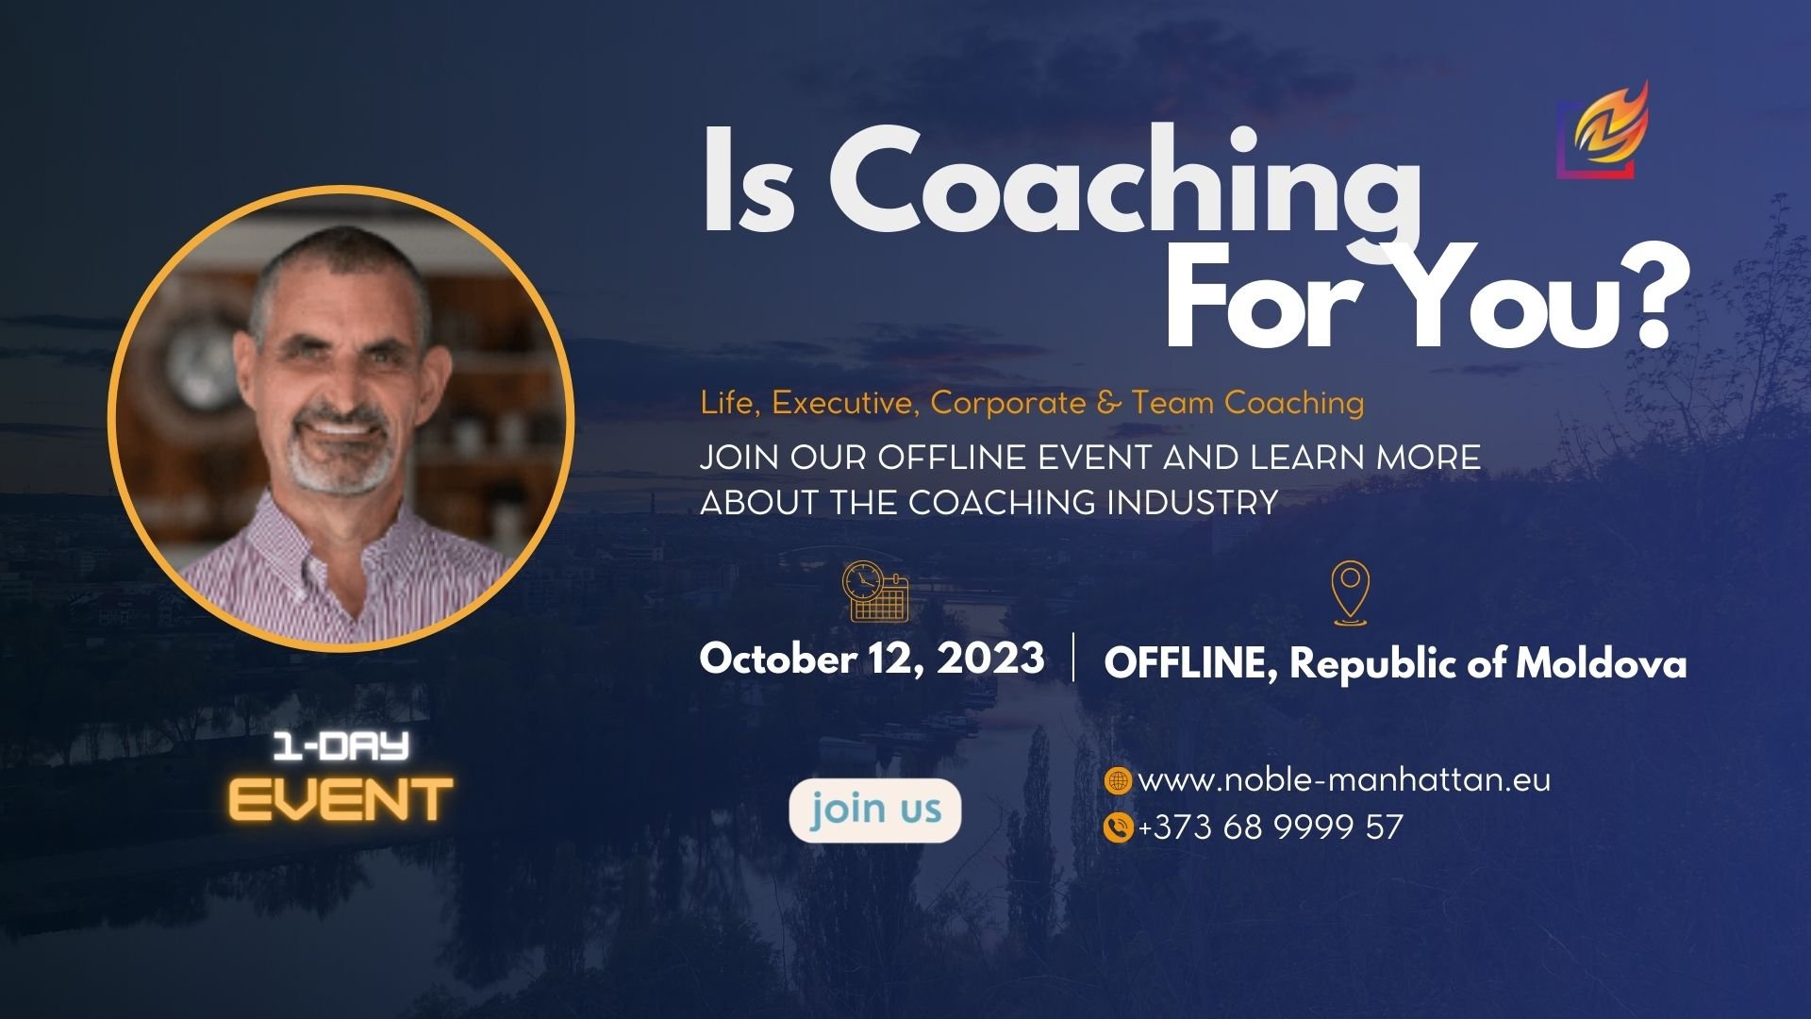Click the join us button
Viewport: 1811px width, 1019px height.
tap(874, 810)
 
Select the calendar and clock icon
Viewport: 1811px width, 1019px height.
tap(874, 592)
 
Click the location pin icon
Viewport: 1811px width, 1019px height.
tap(1351, 592)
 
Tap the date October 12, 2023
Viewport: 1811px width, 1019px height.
tap(872, 659)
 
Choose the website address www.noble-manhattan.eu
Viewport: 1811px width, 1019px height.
tap(1344, 780)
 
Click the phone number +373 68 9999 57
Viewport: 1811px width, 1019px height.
tap(1271, 827)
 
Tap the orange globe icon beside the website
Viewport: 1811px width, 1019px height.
tap(1117, 780)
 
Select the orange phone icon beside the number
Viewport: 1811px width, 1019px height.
tap(1117, 827)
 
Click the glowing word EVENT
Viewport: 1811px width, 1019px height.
tap(341, 800)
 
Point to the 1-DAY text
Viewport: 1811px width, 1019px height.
tap(341, 747)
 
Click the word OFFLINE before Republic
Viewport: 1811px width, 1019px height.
tap(1190, 663)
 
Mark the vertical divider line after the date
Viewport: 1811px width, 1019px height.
tap(1074, 658)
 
